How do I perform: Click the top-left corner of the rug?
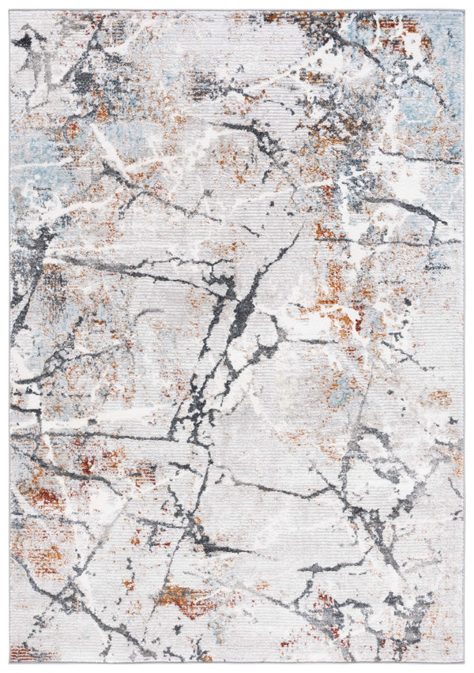(x=10, y=12)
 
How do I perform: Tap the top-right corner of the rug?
(x=464, y=12)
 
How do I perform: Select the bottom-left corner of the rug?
(x=10, y=662)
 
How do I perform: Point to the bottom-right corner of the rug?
(x=464, y=662)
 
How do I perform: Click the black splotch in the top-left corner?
(x=24, y=39)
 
